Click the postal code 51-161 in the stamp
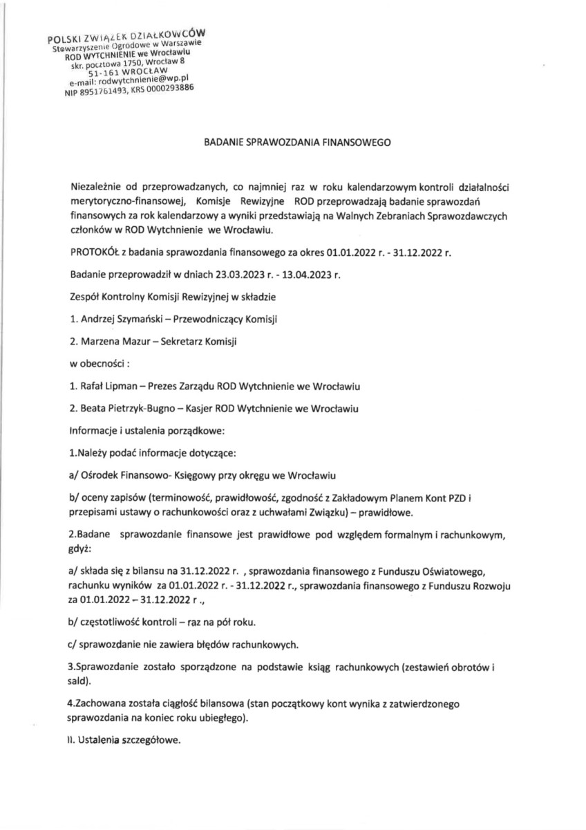coord(106,71)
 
